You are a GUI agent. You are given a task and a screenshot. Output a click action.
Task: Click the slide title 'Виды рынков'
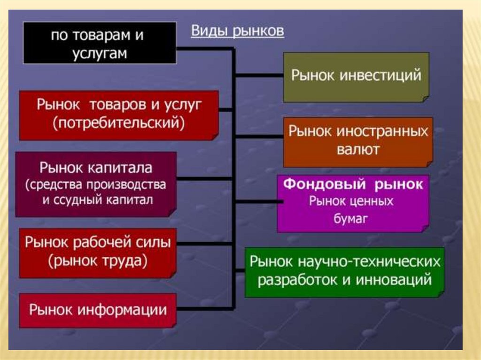237,31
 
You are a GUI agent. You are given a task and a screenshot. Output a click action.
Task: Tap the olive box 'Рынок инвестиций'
356,77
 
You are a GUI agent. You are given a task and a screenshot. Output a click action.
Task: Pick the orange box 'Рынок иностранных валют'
358,142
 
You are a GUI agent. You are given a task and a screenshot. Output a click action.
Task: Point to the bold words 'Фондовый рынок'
352,184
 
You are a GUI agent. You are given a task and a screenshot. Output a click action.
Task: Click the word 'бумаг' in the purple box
351,219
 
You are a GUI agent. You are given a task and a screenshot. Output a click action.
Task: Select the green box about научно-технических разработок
345,272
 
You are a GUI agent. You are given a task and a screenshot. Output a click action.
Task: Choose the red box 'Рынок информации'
98,310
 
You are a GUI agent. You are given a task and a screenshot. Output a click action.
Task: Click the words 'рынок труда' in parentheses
98,260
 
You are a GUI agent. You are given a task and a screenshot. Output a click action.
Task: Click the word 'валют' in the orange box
358,150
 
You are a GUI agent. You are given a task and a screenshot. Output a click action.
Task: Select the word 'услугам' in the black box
100,53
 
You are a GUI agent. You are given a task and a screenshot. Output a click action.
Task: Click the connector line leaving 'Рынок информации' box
205,308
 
